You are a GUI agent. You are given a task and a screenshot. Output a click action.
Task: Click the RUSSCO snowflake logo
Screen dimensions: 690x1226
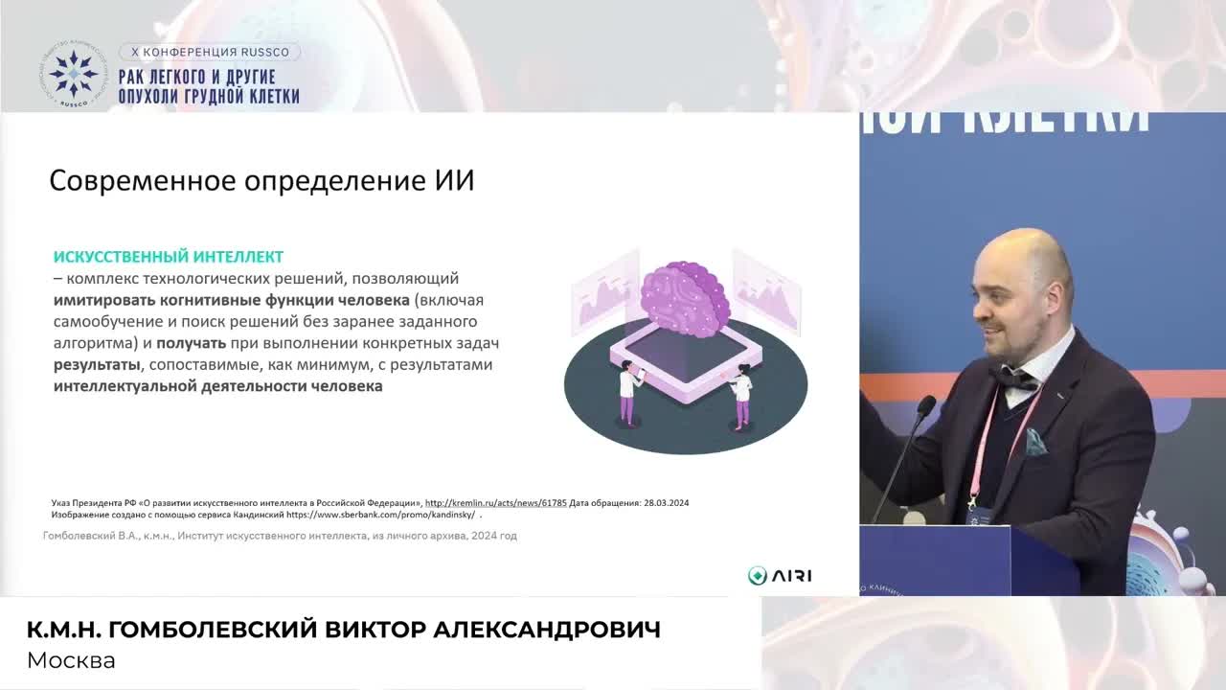click(x=74, y=73)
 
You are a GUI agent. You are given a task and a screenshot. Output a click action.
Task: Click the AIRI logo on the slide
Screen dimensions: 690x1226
click(x=780, y=576)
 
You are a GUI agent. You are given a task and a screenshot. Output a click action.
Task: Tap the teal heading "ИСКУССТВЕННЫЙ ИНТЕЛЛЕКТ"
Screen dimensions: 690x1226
click(x=169, y=257)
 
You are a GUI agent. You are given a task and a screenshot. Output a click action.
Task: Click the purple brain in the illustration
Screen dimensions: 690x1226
click(x=684, y=296)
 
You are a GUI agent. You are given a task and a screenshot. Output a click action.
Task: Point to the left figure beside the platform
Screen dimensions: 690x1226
click(x=628, y=389)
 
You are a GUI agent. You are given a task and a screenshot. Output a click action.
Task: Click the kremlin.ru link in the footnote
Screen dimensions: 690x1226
click(x=495, y=502)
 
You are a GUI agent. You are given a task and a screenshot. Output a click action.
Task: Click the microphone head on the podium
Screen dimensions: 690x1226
click(x=925, y=406)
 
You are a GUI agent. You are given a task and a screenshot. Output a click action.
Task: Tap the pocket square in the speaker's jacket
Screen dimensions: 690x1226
click(x=1035, y=442)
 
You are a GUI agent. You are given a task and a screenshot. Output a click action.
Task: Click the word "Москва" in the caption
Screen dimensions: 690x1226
click(x=71, y=660)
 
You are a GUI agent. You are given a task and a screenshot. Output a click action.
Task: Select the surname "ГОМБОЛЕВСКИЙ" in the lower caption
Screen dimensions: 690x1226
click(x=211, y=630)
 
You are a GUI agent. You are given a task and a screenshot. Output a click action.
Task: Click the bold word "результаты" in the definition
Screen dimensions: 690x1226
click(x=96, y=365)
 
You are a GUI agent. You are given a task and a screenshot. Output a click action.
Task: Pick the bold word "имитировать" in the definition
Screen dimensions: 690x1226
click(x=104, y=300)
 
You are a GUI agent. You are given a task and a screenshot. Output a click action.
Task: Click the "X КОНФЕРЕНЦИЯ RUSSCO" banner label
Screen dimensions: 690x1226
click(x=210, y=52)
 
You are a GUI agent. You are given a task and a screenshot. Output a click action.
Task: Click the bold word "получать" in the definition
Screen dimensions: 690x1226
click(x=192, y=343)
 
